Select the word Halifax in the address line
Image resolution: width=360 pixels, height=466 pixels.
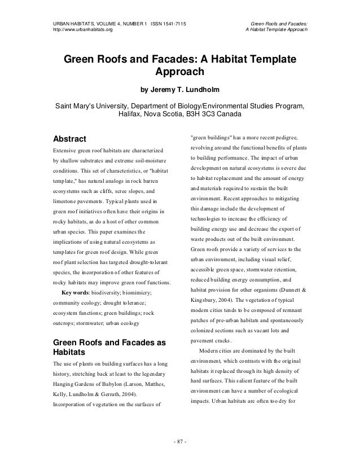pos(133,114)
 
